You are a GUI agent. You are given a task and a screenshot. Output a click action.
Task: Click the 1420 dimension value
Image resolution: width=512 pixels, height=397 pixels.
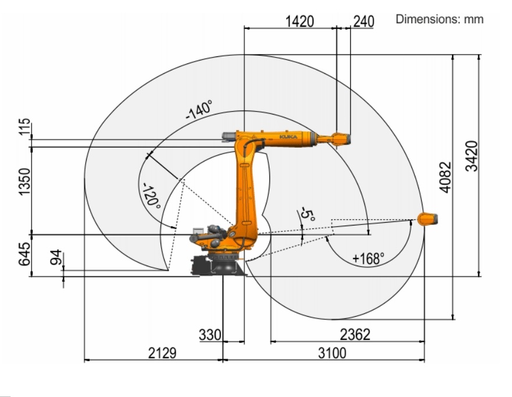(x=300, y=22)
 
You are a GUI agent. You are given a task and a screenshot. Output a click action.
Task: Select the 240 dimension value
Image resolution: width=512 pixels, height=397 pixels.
(x=364, y=22)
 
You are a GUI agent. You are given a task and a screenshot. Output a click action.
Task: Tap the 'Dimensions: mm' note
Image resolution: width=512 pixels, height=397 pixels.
(x=439, y=19)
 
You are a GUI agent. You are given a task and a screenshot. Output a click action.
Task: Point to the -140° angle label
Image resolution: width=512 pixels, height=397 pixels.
(x=199, y=110)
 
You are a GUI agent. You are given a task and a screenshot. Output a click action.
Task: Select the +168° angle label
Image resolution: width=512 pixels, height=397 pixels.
(x=368, y=259)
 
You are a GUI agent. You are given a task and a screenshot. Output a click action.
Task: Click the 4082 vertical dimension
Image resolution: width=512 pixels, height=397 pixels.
(x=445, y=177)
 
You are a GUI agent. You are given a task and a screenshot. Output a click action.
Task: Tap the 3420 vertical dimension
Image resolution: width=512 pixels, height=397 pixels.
(x=472, y=156)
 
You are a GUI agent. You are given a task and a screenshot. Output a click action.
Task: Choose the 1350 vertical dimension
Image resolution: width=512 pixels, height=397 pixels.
(x=24, y=182)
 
